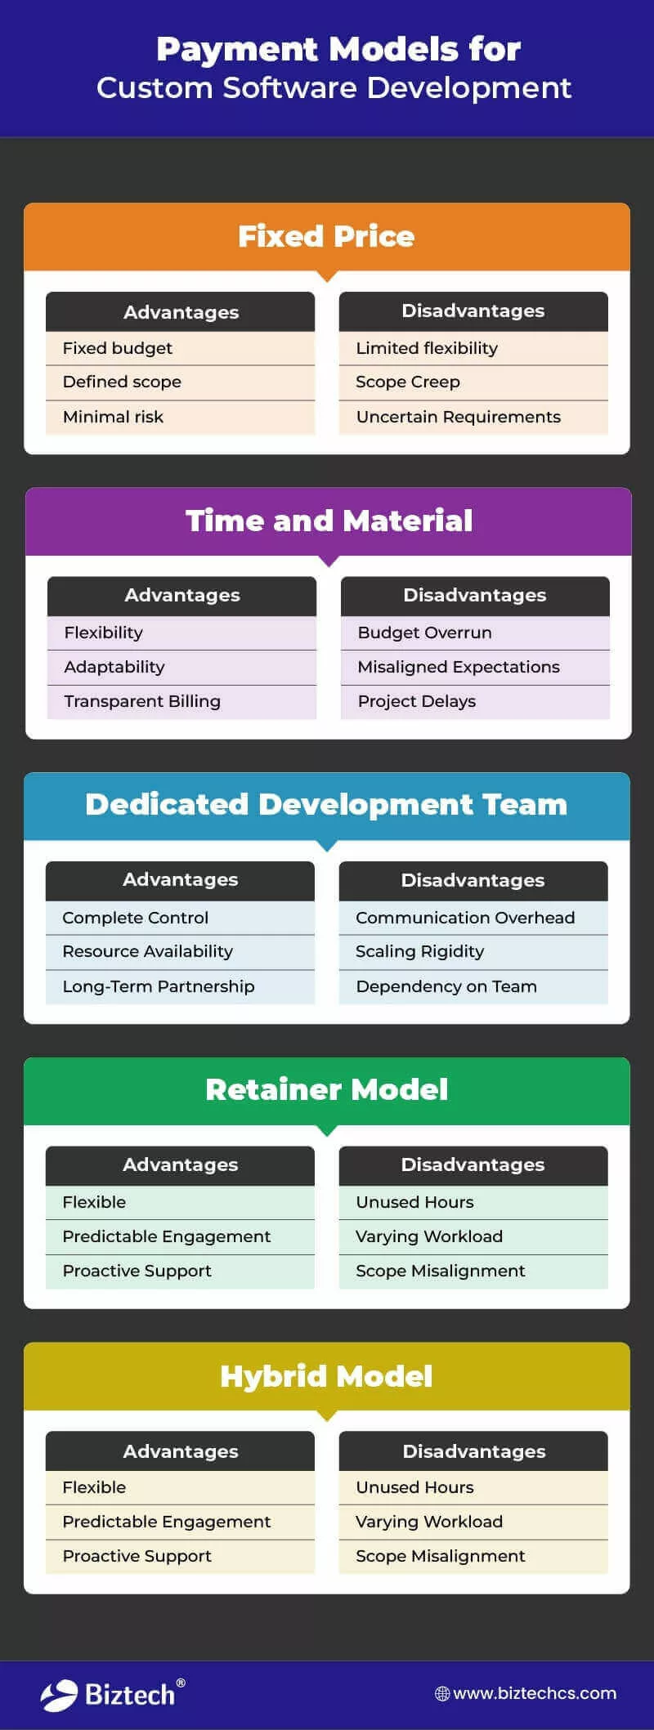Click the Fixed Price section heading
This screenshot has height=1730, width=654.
(x=326, y=236)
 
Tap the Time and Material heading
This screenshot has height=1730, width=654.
(x=329, y=521)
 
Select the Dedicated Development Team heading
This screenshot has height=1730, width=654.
(x=326, y=805)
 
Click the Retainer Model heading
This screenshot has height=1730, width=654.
(x=326, y=1089)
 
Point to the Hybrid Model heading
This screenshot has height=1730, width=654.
(x=326, y=1376)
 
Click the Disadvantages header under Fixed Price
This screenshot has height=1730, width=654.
(x=473, y=311)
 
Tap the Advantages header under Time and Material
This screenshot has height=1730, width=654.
(x=182, y=595)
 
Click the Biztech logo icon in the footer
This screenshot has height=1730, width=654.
(x=59, y=1696)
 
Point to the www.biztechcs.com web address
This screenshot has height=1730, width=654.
(x=534, y=1693)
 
